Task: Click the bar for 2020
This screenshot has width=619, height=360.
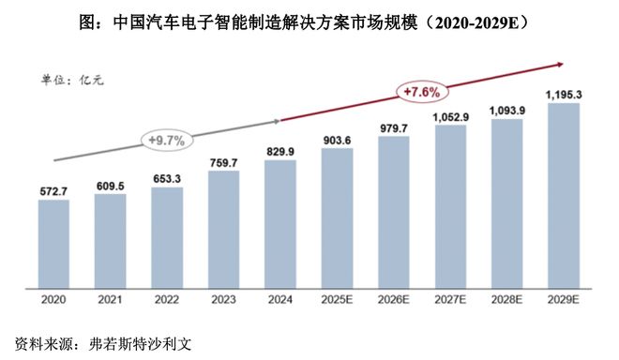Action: pyautogui.click(x=53, y=243)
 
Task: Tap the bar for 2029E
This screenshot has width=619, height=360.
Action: pyautogui.click(x=563, y=194)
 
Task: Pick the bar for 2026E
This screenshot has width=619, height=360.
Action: pyautogui.click(x=393, y=211)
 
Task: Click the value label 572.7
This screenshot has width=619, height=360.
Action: pyautogui.click(x=53, y=190)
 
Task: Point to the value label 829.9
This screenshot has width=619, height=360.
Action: pyautogui.click(x=279, y=151)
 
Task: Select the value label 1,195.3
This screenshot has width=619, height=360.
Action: pyautogui.click(x=563, y=94)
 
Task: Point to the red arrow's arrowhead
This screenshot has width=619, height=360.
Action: pyautogui.click(x=559, y=65)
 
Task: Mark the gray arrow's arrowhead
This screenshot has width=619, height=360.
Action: pyautogui.click(x=278, y=120)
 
